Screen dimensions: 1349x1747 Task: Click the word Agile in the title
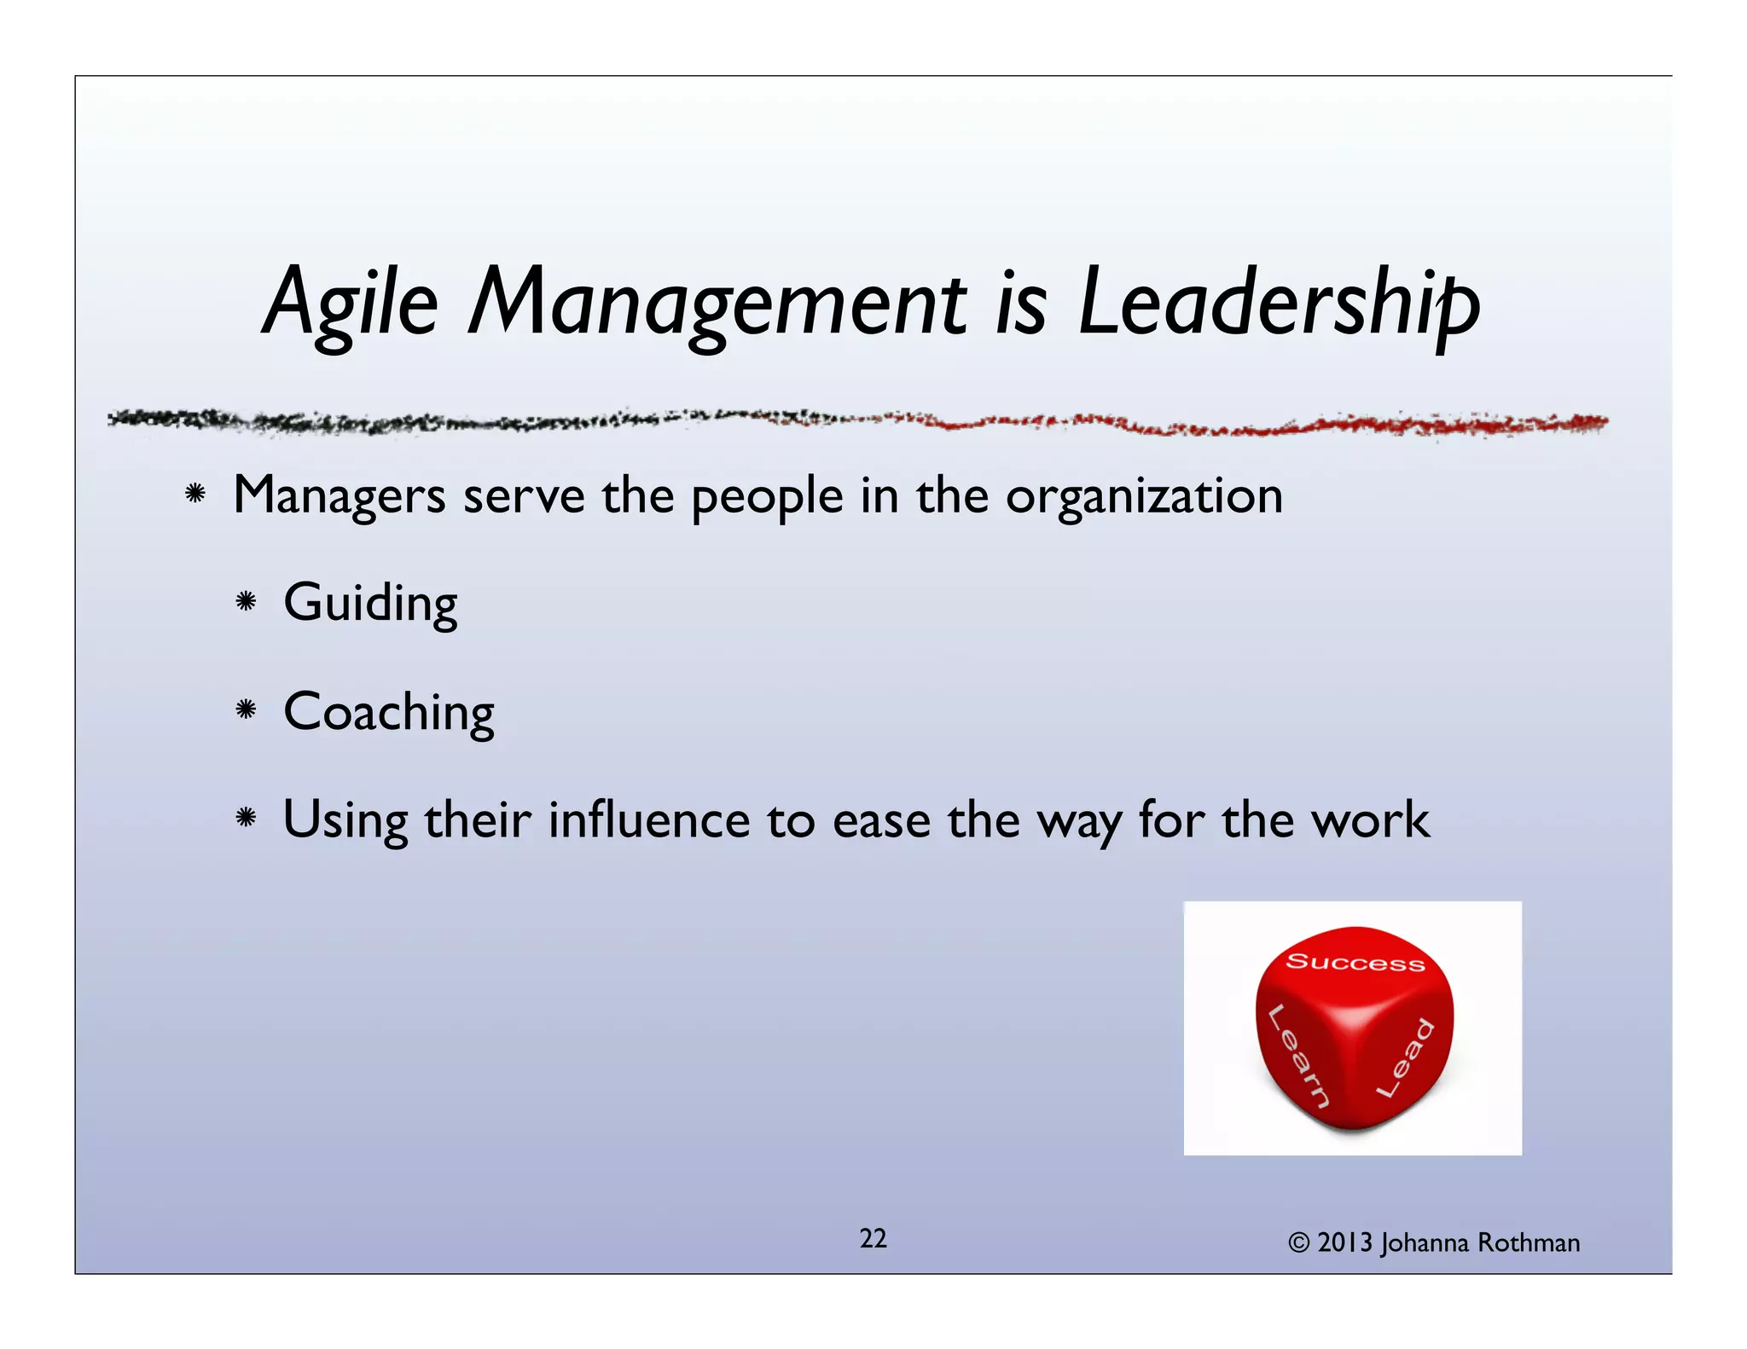click(351, 303)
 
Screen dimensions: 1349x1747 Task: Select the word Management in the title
click(717, 303)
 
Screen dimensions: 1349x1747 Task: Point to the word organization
click(1144, 497)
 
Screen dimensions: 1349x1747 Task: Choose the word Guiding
click(370, 604)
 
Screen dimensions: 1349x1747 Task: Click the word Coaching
click(389, 712)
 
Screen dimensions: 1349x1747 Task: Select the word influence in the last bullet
click(649, 819)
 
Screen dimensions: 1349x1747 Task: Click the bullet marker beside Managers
click(195, 494)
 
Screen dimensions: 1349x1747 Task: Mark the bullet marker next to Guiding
click(246, 602)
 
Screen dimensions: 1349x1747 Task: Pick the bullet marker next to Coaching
click(246, 709)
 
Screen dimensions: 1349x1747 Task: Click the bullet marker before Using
click(246, 818)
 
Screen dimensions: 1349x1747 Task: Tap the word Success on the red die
click(1355, 962)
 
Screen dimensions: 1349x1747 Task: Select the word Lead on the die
click(1405, 1057)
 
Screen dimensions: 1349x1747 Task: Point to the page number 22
click(873, 1238)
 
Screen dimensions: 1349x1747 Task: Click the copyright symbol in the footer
click(1298, 1243)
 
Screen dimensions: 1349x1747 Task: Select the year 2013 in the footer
click(1344, 1242)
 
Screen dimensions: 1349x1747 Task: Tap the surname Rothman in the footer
click(1529, 1242)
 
